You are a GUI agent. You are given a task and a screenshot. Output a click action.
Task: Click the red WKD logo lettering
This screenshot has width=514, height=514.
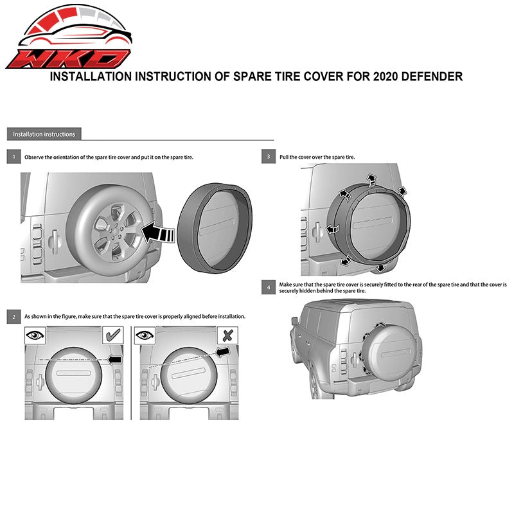[68, 59]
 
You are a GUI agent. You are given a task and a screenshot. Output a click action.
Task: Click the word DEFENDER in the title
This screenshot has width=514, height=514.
[432, 76]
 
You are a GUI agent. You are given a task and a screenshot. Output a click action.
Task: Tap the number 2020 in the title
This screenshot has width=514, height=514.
[385, 76]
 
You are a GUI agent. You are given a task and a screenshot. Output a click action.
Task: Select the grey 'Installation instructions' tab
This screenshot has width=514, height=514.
[44, 134]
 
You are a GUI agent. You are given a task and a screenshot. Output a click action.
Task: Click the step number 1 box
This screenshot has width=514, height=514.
[13, 157]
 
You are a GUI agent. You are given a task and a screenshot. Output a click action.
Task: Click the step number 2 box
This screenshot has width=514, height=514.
[13, 317]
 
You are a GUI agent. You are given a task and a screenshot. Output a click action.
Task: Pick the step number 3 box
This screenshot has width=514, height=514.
[269, 156]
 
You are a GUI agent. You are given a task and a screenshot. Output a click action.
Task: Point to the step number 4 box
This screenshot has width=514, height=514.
[269, 287]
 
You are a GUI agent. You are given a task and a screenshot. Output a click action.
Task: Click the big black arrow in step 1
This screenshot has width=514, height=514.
[158, 233]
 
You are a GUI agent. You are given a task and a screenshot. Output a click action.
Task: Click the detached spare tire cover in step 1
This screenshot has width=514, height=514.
[215, 228]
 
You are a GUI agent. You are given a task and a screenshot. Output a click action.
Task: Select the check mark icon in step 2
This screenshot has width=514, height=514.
[113, 335]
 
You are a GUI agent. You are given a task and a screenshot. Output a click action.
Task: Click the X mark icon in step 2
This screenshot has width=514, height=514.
[227, 335]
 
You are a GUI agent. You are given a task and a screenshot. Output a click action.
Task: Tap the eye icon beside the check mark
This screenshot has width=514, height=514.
[35, 335]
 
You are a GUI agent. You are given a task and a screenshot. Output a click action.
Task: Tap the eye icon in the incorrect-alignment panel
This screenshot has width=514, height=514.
[145, 335]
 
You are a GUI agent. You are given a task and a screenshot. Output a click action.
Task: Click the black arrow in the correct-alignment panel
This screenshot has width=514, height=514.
[115, 360]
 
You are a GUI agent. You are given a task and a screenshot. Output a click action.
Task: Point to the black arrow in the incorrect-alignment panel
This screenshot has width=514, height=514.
[223, 352]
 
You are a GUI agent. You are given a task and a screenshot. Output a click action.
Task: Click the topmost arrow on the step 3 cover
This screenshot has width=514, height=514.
[371, 180]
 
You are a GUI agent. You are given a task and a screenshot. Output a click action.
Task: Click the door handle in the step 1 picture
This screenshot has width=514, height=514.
[54, 242]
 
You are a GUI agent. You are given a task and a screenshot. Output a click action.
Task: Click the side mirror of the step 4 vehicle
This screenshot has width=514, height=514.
[295, 321]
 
